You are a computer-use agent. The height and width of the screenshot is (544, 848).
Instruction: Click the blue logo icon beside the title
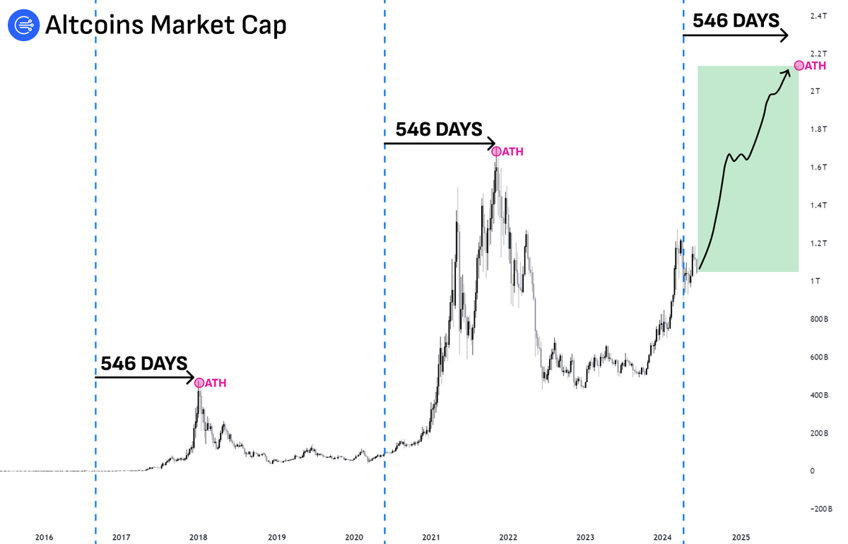[23, 25]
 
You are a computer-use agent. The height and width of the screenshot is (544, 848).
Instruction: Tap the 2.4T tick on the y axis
[820, 16]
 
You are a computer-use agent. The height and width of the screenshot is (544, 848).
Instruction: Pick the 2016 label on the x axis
[45, 537]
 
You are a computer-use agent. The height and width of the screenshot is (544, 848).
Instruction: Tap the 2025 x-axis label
[741, 537]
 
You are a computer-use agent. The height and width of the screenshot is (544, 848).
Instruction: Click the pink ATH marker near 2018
[199, 383]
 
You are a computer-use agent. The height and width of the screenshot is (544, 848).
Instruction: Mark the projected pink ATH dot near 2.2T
[799, 66]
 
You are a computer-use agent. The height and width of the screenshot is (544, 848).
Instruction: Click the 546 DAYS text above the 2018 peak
[143, 364]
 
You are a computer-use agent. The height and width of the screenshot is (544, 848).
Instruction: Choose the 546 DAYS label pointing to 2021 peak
[438, 129]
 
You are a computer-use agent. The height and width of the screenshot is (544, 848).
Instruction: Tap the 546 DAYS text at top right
[736, 20]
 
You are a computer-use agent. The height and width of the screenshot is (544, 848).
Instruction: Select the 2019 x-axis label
[277, 537]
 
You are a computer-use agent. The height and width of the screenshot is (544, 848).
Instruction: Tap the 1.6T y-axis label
[820, 167]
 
